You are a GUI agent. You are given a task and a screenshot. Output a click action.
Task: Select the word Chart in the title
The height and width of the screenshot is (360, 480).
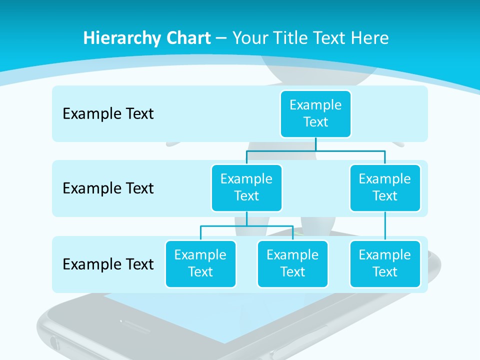point(187,38)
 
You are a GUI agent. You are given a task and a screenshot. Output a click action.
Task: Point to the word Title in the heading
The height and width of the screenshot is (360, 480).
point(295,38)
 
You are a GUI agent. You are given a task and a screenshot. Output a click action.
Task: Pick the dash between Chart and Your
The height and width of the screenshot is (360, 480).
point(221,38)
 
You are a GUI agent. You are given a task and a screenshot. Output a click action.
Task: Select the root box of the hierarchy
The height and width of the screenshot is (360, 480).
point(315,113)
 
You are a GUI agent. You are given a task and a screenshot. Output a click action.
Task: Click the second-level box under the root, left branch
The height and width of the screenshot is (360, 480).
point(246,187)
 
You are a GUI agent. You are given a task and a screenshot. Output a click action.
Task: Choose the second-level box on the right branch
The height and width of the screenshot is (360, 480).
point(385,187)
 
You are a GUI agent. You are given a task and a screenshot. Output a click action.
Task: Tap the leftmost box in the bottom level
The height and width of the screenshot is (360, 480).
point(200,263)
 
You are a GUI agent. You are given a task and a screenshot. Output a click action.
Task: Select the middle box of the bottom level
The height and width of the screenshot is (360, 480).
point(292,263)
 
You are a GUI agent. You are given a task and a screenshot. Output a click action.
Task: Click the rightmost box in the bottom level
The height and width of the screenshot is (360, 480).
point(385,263)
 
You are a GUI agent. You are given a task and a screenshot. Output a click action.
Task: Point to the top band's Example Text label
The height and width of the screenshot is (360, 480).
point(108,113)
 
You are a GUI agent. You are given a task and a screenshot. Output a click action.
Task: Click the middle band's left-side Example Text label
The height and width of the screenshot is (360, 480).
point(108,188)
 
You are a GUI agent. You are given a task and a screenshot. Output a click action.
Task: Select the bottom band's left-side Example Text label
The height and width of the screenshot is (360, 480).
point(108,264)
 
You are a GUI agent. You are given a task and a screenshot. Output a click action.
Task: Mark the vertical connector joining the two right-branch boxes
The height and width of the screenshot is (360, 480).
point(385,226)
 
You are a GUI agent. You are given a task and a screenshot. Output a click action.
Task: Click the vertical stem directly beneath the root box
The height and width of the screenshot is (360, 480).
point(315,144)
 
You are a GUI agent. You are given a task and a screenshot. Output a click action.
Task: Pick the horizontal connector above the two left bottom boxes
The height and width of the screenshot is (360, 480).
point(246,226)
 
